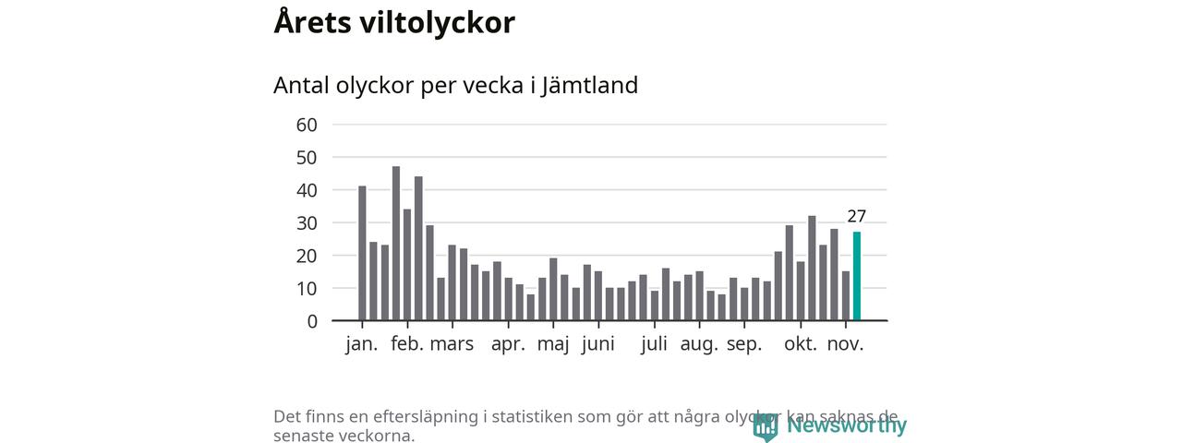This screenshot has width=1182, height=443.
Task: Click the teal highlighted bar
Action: [857, 277]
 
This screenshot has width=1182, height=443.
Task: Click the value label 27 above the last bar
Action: [857, 217]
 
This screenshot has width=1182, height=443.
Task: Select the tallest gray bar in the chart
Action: [396, 245]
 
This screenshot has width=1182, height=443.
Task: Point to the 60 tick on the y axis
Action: [307, 125]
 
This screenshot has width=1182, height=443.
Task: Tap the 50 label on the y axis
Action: [307, 158]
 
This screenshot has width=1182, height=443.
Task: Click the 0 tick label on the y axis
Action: [312, 321]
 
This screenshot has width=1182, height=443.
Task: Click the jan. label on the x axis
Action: [362, 345]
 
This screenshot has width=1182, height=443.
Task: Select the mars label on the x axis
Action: [452, 345]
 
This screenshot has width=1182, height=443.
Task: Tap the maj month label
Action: [553, 345]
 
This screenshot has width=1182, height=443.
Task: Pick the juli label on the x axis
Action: [654, 345]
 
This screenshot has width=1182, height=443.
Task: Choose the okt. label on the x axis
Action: [801, 345]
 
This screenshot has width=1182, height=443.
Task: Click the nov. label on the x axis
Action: [845, 345]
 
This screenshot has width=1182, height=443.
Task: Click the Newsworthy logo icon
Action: [765, 426]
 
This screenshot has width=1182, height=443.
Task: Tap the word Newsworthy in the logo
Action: [847, 425]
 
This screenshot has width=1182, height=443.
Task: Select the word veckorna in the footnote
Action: [373, 436]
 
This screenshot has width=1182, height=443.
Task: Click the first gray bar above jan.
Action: [362, 254]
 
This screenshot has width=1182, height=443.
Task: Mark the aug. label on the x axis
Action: [699, 345]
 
